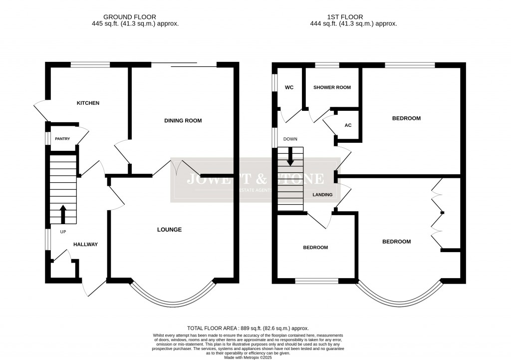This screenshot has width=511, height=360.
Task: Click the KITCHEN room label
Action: (88, 103)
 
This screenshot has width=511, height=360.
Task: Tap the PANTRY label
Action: (62, 139)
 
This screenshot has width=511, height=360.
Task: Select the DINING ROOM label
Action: (183, 121)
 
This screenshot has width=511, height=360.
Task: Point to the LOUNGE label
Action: (169, 230)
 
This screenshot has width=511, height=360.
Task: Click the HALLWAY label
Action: (85, 245)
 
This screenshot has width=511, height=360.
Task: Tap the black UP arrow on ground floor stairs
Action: (63, 214)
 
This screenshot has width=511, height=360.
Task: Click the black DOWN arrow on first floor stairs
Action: (290, 158)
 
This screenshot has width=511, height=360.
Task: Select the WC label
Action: (289, 88)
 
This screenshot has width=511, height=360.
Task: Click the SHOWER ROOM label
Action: (332, 88)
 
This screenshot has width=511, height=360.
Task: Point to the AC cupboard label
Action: (348, 125)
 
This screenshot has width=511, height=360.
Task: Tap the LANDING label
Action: (322, 195)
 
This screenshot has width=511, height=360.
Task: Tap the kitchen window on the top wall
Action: (90, 64)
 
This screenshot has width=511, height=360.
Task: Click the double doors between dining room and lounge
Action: (177, 167)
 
